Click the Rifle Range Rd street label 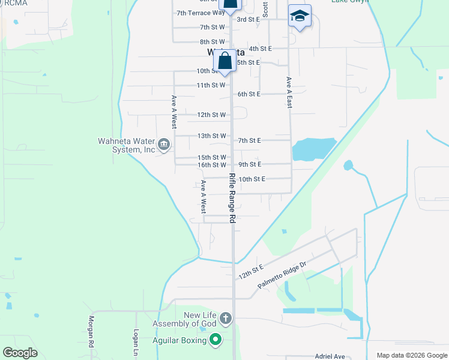[x=232, y=199]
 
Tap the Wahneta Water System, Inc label [x=127, y=146]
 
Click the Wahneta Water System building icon [x=164, y=144]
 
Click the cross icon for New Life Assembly [x=225, y=318]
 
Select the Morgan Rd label [x=92, y=332]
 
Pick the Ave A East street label [x=289, y=92]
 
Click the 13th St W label [x=211, y=136]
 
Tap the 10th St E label [x=252, y=179]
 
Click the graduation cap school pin [x=300, y=16]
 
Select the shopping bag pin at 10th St [x=225, y=62]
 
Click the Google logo [x=20, y=353]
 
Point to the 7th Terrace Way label [x=200, y=13]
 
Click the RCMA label [x=14, y=3]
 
